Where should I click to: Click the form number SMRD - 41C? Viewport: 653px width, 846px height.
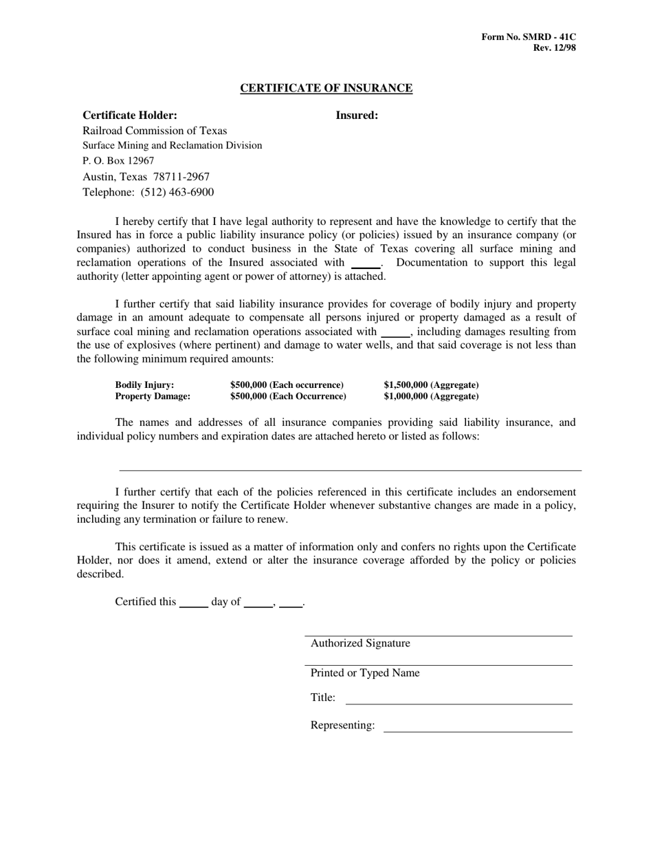click(x=529, y=36)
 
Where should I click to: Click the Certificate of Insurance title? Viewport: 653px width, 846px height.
click(x=326, y=88)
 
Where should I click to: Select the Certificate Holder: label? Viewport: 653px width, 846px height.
click(x=130, y=116)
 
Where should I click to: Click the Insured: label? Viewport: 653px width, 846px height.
click(x=357, y=116)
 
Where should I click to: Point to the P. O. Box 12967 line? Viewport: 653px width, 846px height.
click(x=118, y=161)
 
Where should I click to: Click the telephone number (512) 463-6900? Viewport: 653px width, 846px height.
click(x=177, y=193)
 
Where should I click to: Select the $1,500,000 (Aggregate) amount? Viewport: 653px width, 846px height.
click(x=431, y=385)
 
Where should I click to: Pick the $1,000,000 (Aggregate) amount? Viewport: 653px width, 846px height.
click(x=431, y=397)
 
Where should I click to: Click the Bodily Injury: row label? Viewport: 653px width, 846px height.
click(x=144, y=385)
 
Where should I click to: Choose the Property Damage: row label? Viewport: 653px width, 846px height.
click(x=153, y=397)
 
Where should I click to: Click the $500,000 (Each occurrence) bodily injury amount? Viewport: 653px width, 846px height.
click(x=287, y=385)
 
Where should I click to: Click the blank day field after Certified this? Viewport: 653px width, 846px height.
click(x=193, y=603)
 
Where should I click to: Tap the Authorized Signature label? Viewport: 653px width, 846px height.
click(x=360, y=644)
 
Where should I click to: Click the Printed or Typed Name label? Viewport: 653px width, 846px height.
click(x=365, y=673)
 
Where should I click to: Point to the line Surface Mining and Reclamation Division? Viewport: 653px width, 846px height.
click(x=172, y=146)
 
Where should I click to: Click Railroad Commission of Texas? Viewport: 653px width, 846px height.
click(x=155, y=131)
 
